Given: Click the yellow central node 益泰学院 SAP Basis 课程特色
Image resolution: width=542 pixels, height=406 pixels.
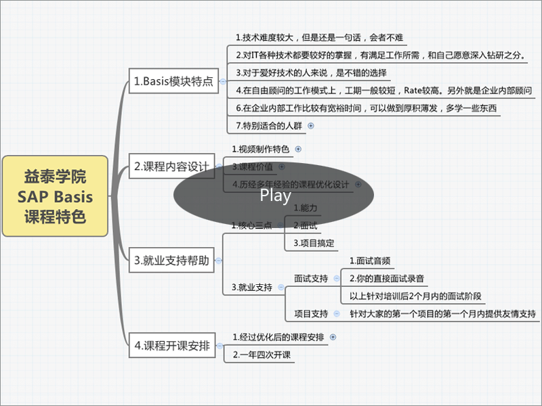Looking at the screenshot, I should [x=55, y=196].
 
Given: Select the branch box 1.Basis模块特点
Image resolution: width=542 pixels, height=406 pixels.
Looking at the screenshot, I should [x=173, y=81].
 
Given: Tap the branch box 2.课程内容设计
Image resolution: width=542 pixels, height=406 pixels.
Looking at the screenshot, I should [x=172, y=166].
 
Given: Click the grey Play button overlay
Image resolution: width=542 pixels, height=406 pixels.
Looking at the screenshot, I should [x=274, y=196].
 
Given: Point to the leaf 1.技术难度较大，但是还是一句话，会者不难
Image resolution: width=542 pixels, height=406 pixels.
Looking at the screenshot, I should [x=319, y=37].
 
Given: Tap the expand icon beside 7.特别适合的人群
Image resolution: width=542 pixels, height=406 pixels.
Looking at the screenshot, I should [x=311, y=125].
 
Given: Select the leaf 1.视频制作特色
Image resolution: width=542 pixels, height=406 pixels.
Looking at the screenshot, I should [x=260, y=149].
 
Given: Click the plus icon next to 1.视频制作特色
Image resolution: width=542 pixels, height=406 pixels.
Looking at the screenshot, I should [x=298, y=149].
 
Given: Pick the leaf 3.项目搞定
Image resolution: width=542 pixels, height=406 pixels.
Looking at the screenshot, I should [x=314, y=242].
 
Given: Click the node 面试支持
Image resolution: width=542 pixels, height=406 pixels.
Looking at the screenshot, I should [x=311, y=279].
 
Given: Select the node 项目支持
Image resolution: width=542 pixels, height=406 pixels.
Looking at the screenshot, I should [x=311, y=314].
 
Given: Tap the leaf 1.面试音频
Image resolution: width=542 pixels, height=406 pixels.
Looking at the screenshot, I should [x=370, y=261].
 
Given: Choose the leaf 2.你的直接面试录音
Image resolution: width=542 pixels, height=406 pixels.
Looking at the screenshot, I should [x=388, y=278].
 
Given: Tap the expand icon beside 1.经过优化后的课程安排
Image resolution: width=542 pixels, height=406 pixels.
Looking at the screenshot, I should [x=333, y=336].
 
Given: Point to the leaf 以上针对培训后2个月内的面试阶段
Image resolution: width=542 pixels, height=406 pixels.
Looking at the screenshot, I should [x=417, y=296].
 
